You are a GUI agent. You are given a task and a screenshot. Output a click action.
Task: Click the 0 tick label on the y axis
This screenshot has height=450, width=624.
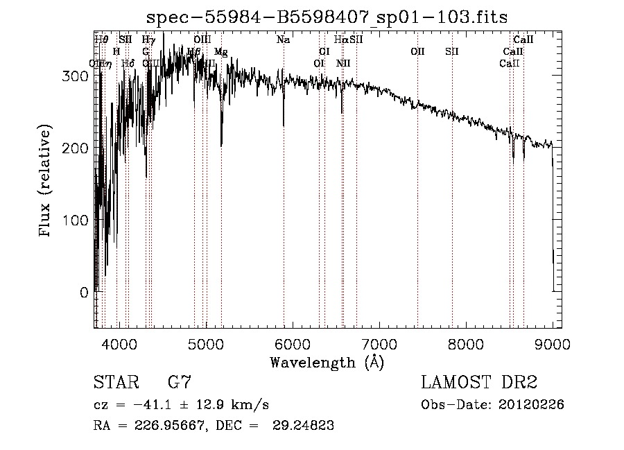click(84, 293)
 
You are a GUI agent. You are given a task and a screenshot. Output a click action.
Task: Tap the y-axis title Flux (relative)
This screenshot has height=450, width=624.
click(46, 182)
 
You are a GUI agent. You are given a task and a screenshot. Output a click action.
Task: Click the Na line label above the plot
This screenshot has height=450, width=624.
click(283, 40)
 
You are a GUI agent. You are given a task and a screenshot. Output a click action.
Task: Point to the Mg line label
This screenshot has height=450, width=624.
click(220, 52)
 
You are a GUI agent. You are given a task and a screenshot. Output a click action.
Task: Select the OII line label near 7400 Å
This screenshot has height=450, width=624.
click(417, 51)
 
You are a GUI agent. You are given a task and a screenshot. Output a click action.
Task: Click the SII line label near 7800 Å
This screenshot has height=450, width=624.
click(452, 51)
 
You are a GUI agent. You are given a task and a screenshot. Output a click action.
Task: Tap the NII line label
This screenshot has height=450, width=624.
click(343, 63)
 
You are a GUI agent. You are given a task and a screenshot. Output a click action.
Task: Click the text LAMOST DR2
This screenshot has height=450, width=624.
click(479, 383)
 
